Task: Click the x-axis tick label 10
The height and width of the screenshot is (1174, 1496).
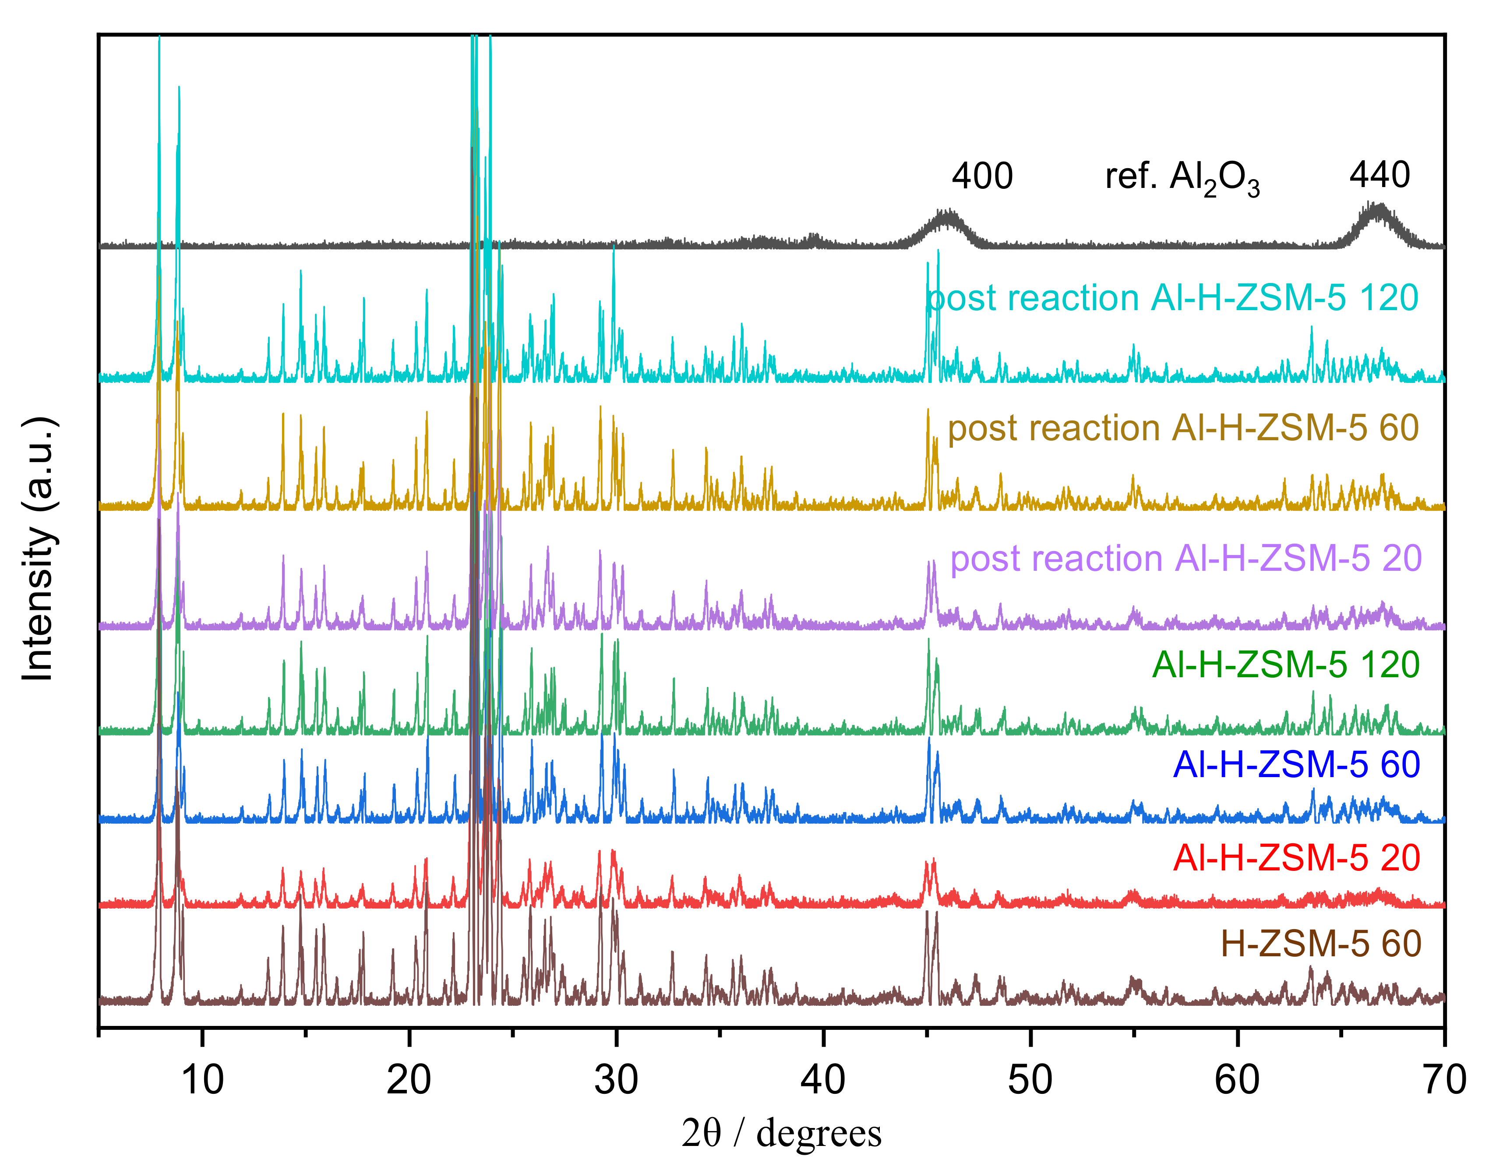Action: click(202, 1081)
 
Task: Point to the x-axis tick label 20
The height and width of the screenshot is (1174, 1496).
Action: click(409, 1081)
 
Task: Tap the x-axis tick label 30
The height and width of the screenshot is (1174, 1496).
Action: click(617, 1081)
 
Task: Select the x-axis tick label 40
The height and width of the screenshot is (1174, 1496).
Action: click(823, 1081)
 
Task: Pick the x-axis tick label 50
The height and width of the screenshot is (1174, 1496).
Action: click(1030, 1081)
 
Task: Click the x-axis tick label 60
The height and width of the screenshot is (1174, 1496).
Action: click(1237, 1081)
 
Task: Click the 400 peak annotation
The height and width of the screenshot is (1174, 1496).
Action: click(982, 177)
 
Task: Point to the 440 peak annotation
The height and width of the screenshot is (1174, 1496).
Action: click(1379, 175)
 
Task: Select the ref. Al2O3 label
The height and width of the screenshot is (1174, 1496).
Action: click(1182, 179)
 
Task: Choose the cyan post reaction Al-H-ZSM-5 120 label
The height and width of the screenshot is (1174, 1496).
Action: click(1172, 298)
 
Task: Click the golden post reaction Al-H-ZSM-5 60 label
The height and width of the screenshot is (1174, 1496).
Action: click(1183, 428)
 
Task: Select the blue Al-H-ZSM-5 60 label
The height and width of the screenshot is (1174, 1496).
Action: click(1296, 764)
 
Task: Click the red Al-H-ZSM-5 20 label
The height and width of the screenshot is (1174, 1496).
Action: click(1296, 858)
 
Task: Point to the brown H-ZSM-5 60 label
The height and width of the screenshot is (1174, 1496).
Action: click(1320, 944)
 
